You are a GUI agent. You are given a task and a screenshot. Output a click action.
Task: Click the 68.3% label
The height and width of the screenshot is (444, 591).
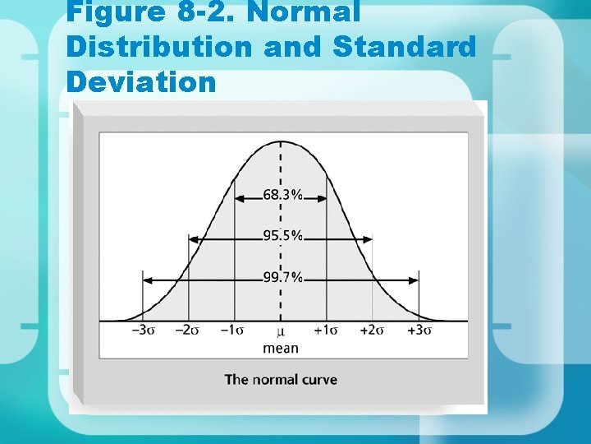pos(282,196)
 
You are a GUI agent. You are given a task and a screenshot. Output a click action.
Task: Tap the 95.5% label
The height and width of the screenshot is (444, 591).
pos(282,236)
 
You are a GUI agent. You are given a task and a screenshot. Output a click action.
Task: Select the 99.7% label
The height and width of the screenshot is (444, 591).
pos(282,278)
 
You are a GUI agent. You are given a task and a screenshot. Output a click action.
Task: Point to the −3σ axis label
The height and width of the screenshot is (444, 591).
pos(142,331)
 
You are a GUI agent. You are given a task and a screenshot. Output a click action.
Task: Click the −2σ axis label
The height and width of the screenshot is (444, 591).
pos(188,331)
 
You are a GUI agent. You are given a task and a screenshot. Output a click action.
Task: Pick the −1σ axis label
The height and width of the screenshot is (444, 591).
pos(233,331)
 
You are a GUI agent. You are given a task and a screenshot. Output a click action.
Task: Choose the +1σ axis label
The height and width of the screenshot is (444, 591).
pos(327,331)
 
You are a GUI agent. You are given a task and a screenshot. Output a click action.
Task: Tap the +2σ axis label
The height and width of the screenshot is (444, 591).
pos(373,331)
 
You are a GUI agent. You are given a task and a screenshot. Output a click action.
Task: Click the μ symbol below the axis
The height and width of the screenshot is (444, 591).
pos(281,331)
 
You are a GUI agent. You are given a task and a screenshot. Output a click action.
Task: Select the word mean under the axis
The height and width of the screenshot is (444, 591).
pos(281,348)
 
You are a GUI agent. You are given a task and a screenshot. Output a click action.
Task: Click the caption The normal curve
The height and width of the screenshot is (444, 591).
pos(281,379)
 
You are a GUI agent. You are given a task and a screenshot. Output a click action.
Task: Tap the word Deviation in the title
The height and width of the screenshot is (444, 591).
pos(141,82)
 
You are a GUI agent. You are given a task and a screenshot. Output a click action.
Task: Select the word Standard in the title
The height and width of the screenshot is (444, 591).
pos(405,47)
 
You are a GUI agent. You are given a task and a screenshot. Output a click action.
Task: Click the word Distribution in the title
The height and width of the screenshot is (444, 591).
pos(160,47)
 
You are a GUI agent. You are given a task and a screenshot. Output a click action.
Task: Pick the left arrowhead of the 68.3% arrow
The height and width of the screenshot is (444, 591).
pos(238,197)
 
